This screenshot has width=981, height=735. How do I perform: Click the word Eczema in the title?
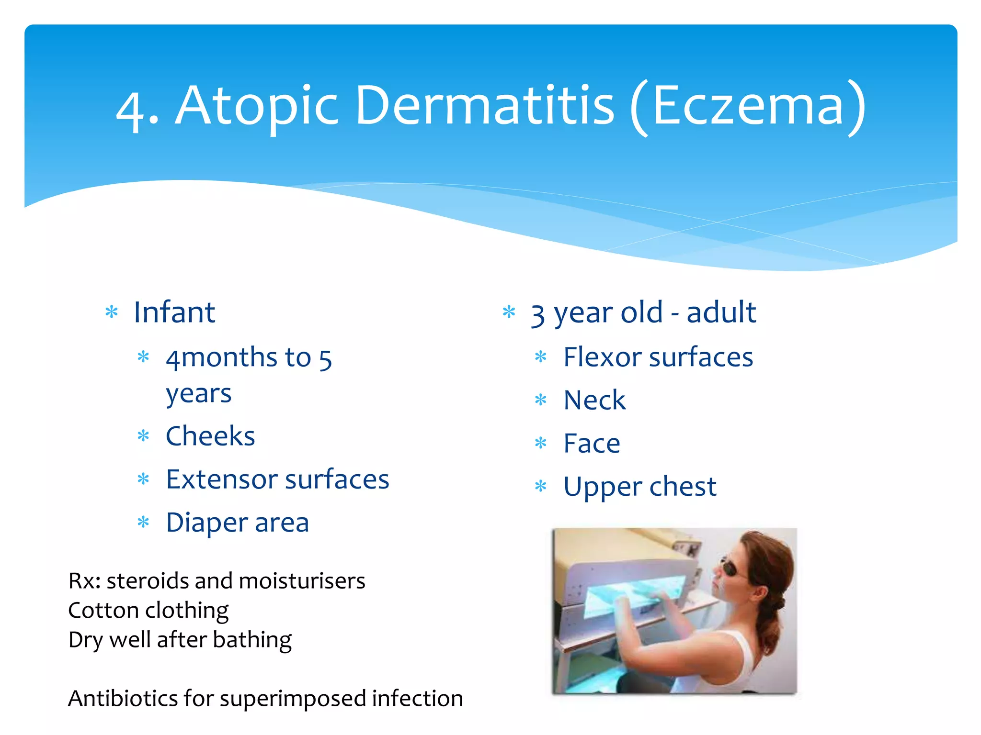pos(747,106)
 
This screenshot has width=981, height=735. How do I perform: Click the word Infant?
pos(174,312)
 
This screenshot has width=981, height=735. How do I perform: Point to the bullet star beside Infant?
pos(112,312)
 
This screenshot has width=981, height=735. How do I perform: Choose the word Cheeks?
pos(210,436)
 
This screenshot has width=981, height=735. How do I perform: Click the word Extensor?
pos(221,479)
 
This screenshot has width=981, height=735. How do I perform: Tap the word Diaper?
pos(206,523)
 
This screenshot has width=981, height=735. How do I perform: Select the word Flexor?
pos(602,357)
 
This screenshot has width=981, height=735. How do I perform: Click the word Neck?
pos(594,400)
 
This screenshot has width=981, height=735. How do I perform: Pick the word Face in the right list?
pos(591,443)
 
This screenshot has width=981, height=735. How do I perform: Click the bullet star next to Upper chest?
pos(541,487)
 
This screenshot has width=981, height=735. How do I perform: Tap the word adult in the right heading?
pos(721,312)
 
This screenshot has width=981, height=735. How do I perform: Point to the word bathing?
pos(252,640)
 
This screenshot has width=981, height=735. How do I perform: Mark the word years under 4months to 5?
pos(198,394)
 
